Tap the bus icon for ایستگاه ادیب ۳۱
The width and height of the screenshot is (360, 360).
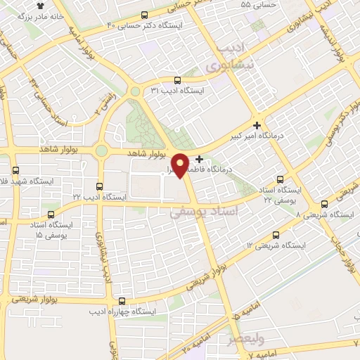click(176, 80)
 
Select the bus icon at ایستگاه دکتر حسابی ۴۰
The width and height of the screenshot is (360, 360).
click(145, 15)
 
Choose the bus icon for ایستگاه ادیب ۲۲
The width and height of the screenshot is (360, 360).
click(99, 187)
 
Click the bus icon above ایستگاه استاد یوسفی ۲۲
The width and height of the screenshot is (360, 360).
click(282, 179)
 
